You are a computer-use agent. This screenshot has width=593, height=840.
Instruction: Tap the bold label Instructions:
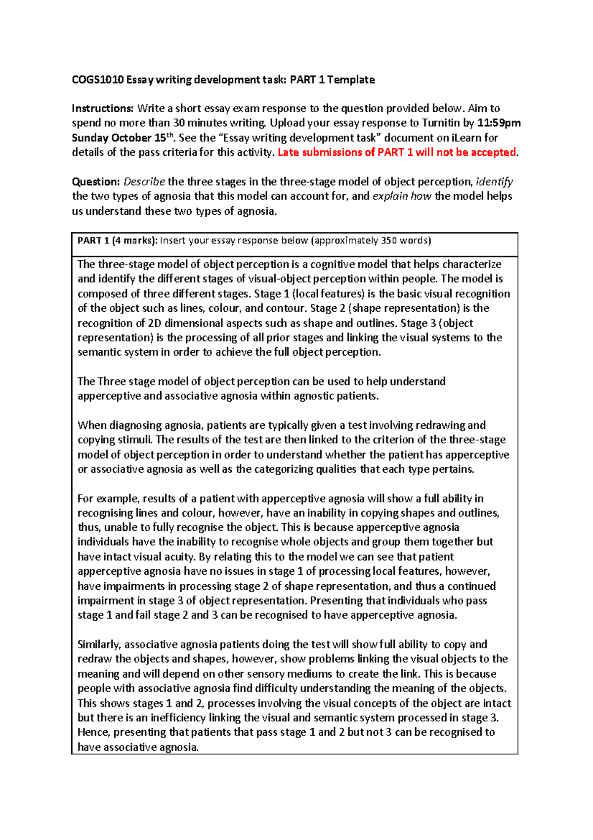coord(103,108)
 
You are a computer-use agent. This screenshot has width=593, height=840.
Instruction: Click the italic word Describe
coord(144,182)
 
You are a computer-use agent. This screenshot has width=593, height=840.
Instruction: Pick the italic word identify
coord(495,182)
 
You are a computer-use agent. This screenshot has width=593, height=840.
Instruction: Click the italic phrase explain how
coord(402,196)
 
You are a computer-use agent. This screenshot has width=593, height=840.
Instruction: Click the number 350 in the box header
coord(389,241)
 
